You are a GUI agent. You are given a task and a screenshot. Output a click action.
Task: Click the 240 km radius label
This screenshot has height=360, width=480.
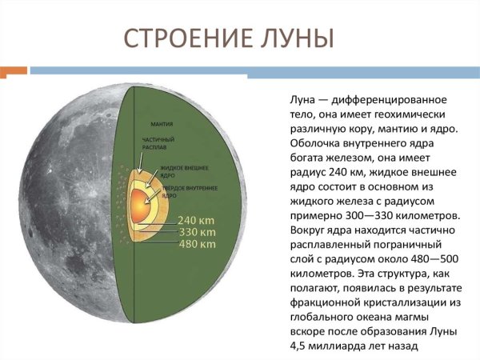[198, 218]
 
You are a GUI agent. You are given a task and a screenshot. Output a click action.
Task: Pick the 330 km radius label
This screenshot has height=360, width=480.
[198, 230]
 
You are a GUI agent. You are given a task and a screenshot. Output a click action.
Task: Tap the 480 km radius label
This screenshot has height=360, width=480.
[198, 243]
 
